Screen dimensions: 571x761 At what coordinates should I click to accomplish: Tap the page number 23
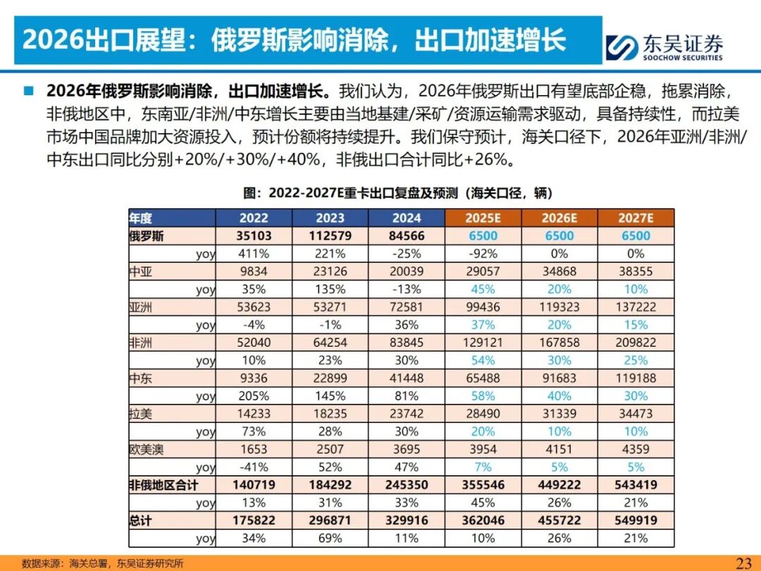click(743, 563)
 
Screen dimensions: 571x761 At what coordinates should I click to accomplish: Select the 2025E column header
click(483, 218)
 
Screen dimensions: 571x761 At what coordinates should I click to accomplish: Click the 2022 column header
click(254, 218)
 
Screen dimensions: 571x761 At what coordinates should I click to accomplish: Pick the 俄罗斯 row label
click(147, 236)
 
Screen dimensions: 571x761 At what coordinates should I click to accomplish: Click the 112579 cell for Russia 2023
click(330, 236)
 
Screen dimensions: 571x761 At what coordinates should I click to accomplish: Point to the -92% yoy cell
click(483, 254)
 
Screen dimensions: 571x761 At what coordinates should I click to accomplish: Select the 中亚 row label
click(141, 271)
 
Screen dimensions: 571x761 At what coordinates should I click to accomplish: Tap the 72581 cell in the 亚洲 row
click(407, 307)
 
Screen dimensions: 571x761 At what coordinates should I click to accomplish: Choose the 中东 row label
click(141, 379)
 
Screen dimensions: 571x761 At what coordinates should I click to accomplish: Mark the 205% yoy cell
click(254, 396)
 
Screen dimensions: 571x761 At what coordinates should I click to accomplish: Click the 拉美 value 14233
click(254, 414)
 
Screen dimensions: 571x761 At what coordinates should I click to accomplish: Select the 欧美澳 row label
click(147, 449)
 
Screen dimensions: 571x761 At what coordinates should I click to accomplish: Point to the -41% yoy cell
click(254, 467)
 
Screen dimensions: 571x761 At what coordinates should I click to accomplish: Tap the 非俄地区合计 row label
click(163, 485)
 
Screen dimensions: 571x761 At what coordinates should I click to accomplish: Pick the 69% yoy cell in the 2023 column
click(330, 538)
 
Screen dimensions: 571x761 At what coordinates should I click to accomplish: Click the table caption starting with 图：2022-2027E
click(397, 192)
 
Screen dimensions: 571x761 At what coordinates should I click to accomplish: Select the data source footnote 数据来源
click(103, 563)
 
